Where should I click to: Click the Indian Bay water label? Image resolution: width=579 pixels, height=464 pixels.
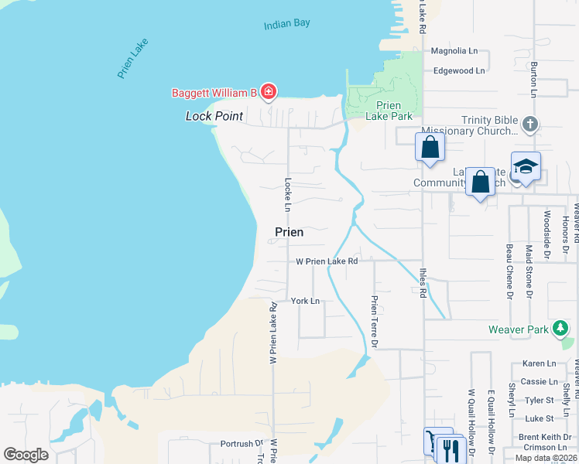[x=286, y=23]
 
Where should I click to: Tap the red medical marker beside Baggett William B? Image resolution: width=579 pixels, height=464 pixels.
[x=269, y=93]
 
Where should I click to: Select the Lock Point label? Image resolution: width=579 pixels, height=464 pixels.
[x=214, y=116]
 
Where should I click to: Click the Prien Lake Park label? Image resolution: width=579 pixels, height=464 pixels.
[x=393, y=111]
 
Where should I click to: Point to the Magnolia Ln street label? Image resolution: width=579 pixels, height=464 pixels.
[x=454, y=51]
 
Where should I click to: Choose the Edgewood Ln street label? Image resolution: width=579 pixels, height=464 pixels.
[x=459, y=70]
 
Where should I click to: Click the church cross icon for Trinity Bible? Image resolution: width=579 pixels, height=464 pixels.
[x=530, y=124]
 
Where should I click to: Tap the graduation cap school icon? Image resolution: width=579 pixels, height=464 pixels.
[x=526, y=166]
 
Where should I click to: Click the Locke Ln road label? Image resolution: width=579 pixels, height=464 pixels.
[x=287, y=196]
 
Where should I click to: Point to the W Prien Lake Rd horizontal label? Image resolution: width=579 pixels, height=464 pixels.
[x=327, y=261]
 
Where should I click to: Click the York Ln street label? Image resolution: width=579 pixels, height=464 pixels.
[x=305, y=301]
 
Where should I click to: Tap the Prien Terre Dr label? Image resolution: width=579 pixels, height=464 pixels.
[x=375, y=320]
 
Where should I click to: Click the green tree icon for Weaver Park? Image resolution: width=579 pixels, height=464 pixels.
[x=560, y=329]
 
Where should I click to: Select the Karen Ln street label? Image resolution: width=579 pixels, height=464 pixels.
[x=539, y=363]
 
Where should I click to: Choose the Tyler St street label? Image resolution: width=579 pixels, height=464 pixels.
[x=540, y=400]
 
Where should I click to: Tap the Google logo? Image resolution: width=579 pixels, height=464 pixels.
[x=26, y=454]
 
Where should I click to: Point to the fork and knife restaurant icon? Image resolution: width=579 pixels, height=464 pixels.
[x=450, y=448]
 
